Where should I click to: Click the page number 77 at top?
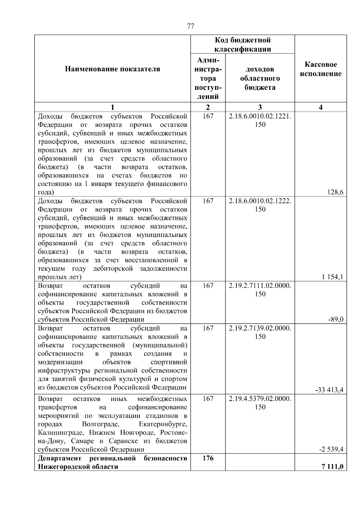[x=190, y=26]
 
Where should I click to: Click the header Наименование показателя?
[x=112, y=69]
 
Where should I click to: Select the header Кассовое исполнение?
[x=321, y=69]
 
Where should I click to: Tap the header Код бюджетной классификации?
[x=243, y=45]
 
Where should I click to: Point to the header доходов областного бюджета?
[x=260, y=79]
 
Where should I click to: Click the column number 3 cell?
[x=260, y=107]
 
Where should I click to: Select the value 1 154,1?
[x=333, y=277]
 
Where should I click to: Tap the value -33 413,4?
[x=330, y=390]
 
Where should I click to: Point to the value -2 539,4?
[x=331, y=449]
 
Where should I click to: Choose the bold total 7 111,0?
[x=332, y=467]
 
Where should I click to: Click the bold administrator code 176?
[x=208, y=458]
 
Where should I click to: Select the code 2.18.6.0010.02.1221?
[x=260, y=116]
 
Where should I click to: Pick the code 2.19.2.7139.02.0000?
[x=260, y=328]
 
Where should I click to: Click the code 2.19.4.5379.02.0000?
[x=260, y=399]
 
